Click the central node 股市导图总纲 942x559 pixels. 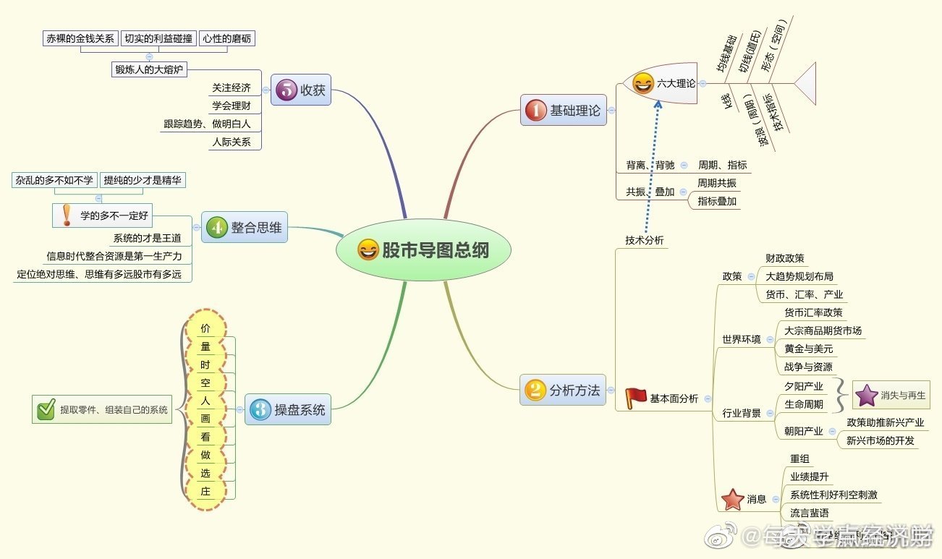coord(423,251)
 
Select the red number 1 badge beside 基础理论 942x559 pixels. coord(535,111)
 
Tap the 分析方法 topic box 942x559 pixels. coord(563,391)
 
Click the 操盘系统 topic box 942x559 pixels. coord(288,410)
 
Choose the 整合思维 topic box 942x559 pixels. coord(245,227)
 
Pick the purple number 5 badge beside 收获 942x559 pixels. coord(286,91)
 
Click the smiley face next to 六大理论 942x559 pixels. coord(642,84)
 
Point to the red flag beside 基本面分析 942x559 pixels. coord(636,397)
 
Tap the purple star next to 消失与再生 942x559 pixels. coord(866,396)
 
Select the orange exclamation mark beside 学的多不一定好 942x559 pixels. coord(67,215)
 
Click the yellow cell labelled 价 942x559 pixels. coord(205,328)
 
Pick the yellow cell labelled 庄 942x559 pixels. coord(205,491)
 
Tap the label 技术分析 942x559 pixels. coord(644,240)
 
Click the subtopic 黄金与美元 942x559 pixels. coord(808,349)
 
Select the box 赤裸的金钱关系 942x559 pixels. coord(80,39)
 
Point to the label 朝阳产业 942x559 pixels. coord(803,431)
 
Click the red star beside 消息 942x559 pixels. coord(733,499)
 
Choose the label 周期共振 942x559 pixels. coord(716,183)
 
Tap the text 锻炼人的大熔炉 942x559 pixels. coord(150,69)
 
